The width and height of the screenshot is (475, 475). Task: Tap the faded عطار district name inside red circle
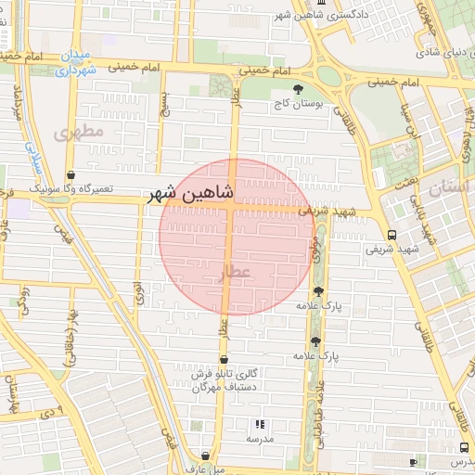click(x=235, y=271)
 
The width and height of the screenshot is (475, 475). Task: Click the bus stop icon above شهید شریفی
click(x=392, y=235)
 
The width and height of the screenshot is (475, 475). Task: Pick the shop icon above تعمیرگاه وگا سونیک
click(x=71, y=174)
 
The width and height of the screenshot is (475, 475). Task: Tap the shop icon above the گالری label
click(x=223, y=359)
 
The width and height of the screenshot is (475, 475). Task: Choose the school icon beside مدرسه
click(x=258, y=424)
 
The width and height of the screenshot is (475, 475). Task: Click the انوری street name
click(x=139, y=292)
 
